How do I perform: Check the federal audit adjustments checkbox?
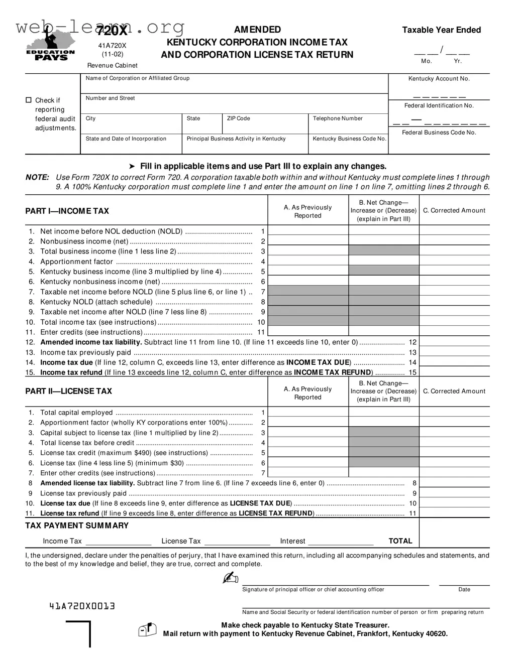(x=29, y=100)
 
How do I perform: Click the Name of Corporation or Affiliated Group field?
(x=234, y=84)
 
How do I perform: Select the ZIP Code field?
(x=265, y=123)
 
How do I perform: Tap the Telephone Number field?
(x=348, y=123)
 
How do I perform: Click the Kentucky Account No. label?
(x=439, y=79)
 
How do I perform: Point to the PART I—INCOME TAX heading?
(x=67, y=211)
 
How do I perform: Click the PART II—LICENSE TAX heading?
(x=69, y=391)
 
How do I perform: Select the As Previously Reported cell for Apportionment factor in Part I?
(x=308, y=261)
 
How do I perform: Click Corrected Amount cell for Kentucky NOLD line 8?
(x=454, y=302)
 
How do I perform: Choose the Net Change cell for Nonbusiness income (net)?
(x=384, y=241)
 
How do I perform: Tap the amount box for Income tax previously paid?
(x=454, y=352)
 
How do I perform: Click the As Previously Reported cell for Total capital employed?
(x=308, y=413)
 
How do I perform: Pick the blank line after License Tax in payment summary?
(x=237, y=541)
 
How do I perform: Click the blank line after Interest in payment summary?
(x=341, y=541)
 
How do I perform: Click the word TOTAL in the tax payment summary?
(x=400, y=541)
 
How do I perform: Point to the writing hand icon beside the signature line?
(x=231, y=579)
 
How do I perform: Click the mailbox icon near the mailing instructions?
(x=148, y=630)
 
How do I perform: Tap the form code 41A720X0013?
(x=82, y=606)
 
